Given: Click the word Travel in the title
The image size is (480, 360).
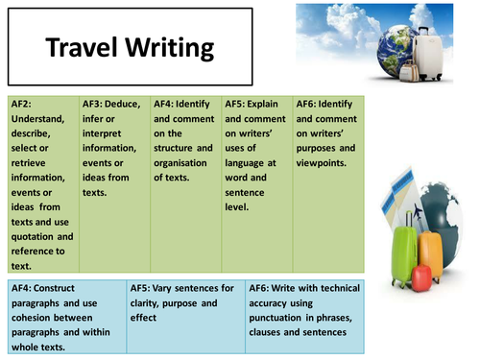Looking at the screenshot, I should tap(83, 48).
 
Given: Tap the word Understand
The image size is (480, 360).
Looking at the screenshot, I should tap(39, 119).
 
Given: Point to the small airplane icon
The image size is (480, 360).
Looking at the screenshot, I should tap(400, 209).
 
